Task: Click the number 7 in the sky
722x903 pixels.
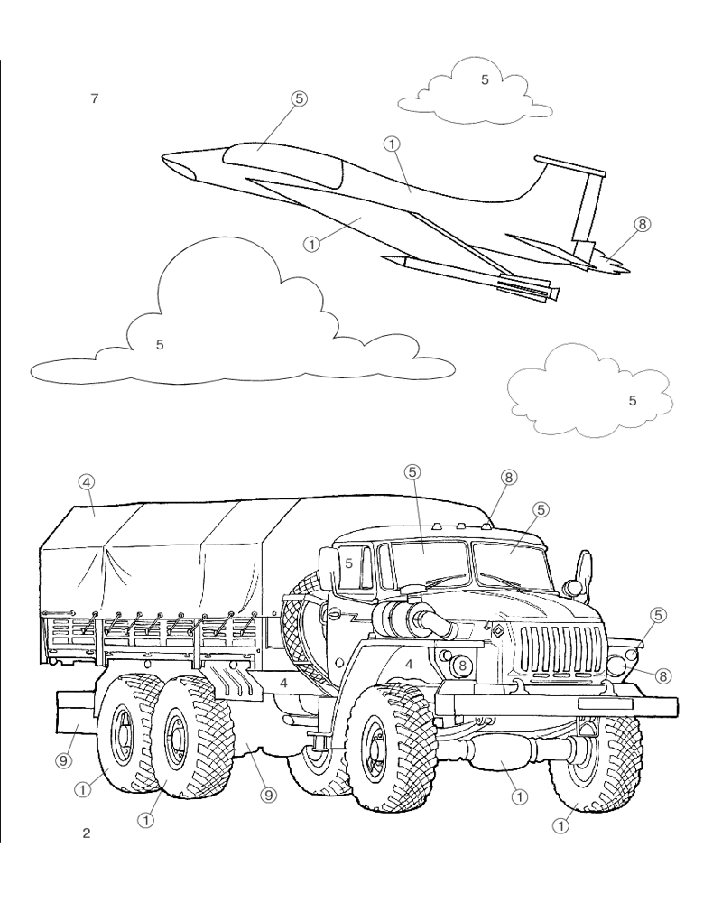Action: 95,98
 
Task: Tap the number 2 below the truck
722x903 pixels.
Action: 87,833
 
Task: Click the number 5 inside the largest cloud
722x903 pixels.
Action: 160,344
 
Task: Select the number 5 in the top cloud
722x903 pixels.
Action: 485,79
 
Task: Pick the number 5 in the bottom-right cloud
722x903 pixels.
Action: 632,400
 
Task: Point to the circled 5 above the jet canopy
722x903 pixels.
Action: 298,99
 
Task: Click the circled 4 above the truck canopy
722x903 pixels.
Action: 87,481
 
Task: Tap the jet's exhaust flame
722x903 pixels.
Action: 612,264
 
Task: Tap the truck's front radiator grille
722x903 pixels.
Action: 563,649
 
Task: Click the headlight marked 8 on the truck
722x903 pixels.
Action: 462,666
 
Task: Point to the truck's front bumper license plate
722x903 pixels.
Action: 605,703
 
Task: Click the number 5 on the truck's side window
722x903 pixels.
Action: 349,563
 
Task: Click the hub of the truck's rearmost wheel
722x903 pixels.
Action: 123,731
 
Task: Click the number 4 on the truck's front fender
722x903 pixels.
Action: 409,664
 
